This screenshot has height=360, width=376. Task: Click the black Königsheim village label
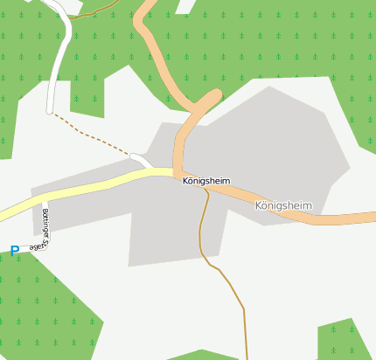[x=206, y=181]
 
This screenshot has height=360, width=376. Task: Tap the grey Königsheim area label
[x=283, y=205]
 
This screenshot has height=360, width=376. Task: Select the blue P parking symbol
[x=15, y=251]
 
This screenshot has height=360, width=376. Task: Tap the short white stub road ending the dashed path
[x=140, y=160]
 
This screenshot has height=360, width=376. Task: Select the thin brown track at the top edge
[x=96, y=11]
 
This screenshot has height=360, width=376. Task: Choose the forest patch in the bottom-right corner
[x=345, y=341]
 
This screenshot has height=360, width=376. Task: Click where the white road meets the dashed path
[x=49, y=111]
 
